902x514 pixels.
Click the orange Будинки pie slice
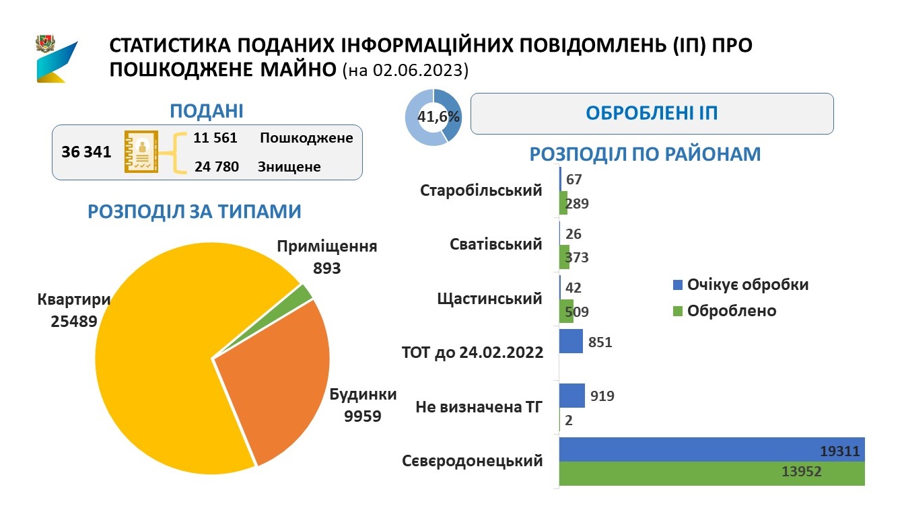[x=273, y=380]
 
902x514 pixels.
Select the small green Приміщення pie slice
[x=304, y=293]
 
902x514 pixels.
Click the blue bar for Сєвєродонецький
[x=711, y=449]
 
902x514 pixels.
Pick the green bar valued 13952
[x=711, y=474]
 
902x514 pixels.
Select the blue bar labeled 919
[x=573, y=396]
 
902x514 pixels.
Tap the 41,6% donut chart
[x=433, y=118]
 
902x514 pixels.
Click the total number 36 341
[x=86, y=152]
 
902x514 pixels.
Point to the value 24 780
[x=217, y=166]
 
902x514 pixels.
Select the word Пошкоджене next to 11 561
[x=306, y=138]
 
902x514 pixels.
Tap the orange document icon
[x=141, y=152]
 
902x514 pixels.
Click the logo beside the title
[x=57, y=59]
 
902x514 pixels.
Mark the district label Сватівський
[x=495, y=244]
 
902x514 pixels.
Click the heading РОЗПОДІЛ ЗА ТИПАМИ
[x=195, y=211]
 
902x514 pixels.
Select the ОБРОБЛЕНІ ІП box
[x=651, y=113]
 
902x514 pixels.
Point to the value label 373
[x=577, y=257]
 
